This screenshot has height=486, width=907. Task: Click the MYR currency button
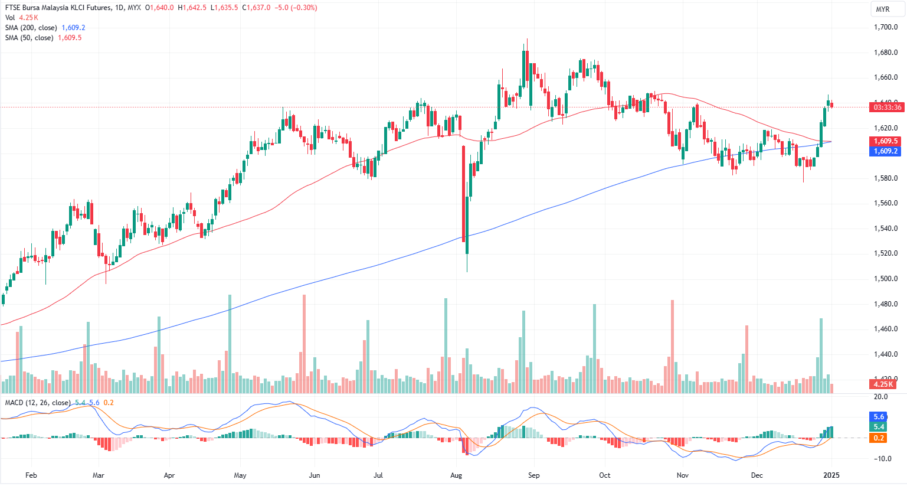tap(882, 9)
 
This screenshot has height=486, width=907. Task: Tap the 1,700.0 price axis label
tap(885, 27)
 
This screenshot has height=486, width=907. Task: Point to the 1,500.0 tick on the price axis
tap(885, 279)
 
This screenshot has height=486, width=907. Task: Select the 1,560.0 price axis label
tap(885, 203)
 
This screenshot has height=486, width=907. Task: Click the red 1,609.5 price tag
tap(886, 141)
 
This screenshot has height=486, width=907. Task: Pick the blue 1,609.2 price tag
tap(886, 151)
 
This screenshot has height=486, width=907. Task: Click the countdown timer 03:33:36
tap(887, 107)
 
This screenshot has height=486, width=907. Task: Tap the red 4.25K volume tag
tap(883, 384)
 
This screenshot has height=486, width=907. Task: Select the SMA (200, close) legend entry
tap(31, 28)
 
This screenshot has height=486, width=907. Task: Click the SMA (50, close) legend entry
tap(29, 38)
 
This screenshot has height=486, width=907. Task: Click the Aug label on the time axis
tap(456, 475)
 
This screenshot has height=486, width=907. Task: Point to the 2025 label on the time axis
tap(831, 475)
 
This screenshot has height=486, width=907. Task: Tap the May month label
tap(240, 475)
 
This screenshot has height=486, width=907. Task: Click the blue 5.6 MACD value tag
tap(879, 417)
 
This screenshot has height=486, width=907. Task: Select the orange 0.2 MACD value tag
tap(879, 438)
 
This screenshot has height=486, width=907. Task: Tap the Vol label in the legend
tap(10, 18)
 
